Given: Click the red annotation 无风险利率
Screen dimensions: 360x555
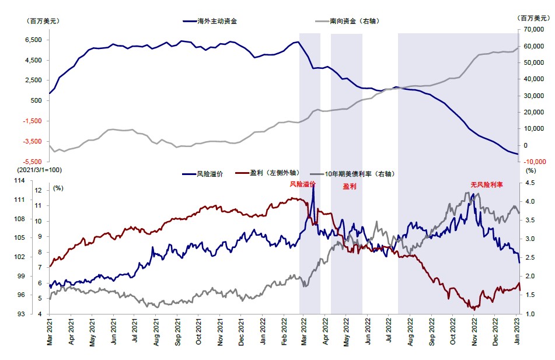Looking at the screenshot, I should click(x=487, y=184).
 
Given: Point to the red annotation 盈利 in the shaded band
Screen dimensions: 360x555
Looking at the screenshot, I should click(x=350, y=187).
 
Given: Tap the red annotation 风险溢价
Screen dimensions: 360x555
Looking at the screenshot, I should click(x=303, y=184).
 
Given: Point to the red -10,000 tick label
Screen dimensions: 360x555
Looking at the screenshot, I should click(x=532, y=162).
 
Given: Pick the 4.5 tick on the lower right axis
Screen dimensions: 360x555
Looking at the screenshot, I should click(x=530, y=182).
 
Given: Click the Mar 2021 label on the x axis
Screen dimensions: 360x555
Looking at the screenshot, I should click(x=50, y=334).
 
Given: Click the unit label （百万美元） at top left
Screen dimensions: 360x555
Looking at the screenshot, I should click(x=43, y=21).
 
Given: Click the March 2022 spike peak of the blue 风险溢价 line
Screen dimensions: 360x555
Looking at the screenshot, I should click(x=314, y=186).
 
